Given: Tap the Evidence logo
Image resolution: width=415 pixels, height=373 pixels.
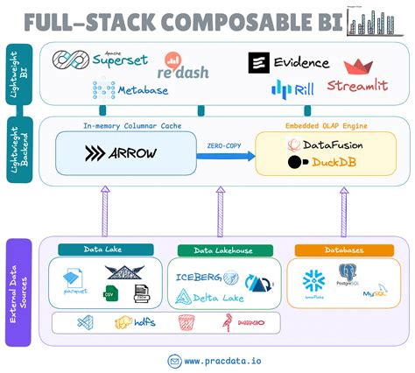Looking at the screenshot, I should (x=289, y=62).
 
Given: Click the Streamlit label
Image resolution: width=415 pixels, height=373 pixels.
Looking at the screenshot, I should (x=357, y=85).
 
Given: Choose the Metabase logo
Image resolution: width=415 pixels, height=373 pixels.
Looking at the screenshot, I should (x=120, y=89).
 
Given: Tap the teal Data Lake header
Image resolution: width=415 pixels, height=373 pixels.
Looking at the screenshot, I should (x=105, y=250).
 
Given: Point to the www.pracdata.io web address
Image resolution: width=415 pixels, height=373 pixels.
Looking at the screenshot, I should (x=216, y=360).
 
